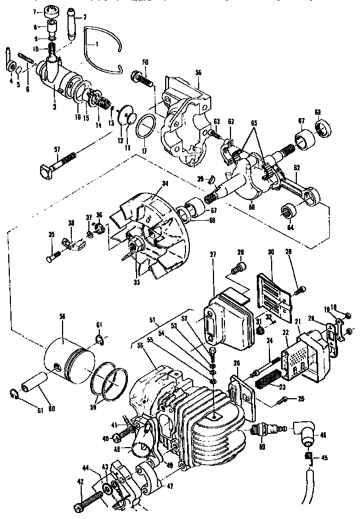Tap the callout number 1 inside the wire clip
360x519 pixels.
pyautogui.click(x=97, y=43)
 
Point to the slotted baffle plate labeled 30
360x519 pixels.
pyautogui.click(x=273, y=297)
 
